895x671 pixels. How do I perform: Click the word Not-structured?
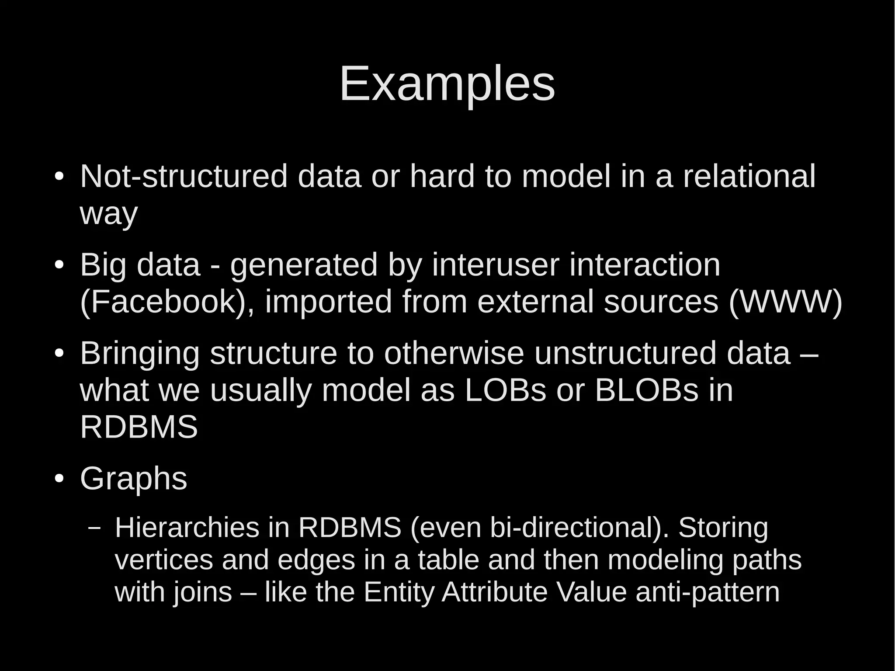click(x=184, y=176)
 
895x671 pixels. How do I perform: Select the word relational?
click(x=749, y=176)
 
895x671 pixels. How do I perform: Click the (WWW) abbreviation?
click(x=785, y=302)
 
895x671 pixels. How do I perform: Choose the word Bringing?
click(x=140, y=354)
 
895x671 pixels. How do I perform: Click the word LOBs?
click(x=505, y=390)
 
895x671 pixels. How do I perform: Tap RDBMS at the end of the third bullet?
click(x=139, y=427)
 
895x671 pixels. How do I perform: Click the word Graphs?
click(x=134, y=479)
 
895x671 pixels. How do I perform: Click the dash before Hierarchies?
click(x=94, y=527)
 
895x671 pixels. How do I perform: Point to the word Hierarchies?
click(x=187, y=527)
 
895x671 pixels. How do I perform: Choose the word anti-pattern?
click(x=708, y=592)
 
